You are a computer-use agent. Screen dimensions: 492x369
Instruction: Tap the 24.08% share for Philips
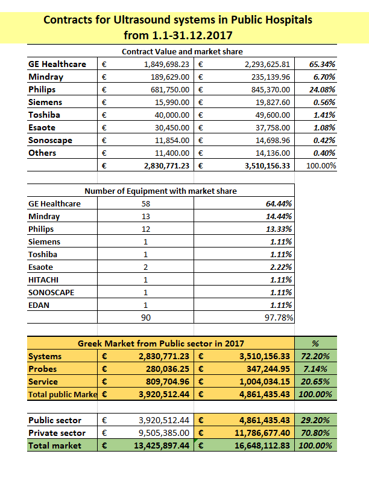(x=323, y=89)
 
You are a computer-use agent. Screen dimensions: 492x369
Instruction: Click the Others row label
(x=42, y=153)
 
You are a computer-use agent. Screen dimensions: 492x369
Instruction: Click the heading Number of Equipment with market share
(x=160, y=191)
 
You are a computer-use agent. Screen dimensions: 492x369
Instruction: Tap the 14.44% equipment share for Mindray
(x=280, y=216)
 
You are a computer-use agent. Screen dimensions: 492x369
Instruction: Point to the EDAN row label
(x=39, y=305)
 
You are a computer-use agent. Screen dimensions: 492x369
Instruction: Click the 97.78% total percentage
(x=280, y=318)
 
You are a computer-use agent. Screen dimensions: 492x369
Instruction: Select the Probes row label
(x=43, y=369)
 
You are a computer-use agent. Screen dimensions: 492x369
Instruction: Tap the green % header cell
(x=315, y=343)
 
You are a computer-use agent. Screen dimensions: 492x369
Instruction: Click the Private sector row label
(x=57, y=433)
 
